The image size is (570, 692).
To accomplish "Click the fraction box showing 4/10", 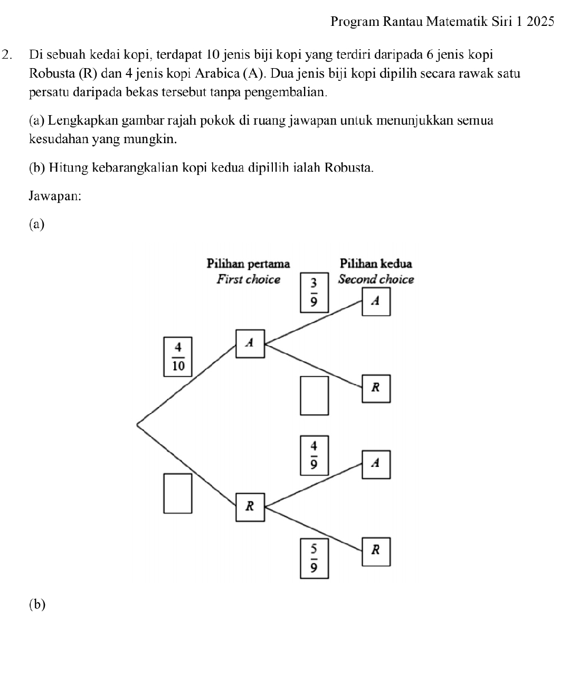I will click(178, 357).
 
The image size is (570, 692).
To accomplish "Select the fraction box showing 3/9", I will click(314, 293).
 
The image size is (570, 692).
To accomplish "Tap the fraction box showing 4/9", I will click(314, 455).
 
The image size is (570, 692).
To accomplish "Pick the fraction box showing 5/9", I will click(314, 558).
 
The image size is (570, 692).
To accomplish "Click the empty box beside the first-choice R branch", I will click(178, 493).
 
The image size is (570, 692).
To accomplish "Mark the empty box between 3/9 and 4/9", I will click(314, 395).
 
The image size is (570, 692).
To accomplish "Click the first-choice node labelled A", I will click(250, 343).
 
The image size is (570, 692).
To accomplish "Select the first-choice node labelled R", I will click(250, 507).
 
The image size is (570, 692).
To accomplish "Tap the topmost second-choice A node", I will click(376, 302).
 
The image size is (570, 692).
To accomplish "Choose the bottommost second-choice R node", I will click(376, 551).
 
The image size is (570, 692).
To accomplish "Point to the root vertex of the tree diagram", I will click(137, 424).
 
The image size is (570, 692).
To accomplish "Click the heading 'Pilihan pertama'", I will click(248, 263).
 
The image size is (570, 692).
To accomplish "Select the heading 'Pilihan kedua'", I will click(376, 263).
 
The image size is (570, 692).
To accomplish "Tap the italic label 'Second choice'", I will click(376, 279).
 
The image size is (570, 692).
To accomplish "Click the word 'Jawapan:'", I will click(55, 196).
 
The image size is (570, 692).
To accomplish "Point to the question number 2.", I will click(7, 54).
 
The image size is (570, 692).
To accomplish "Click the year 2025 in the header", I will click(539, 22).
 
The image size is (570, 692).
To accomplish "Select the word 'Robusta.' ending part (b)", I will click(349, 168).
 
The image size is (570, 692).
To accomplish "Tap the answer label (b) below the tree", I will click(37, 604).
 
